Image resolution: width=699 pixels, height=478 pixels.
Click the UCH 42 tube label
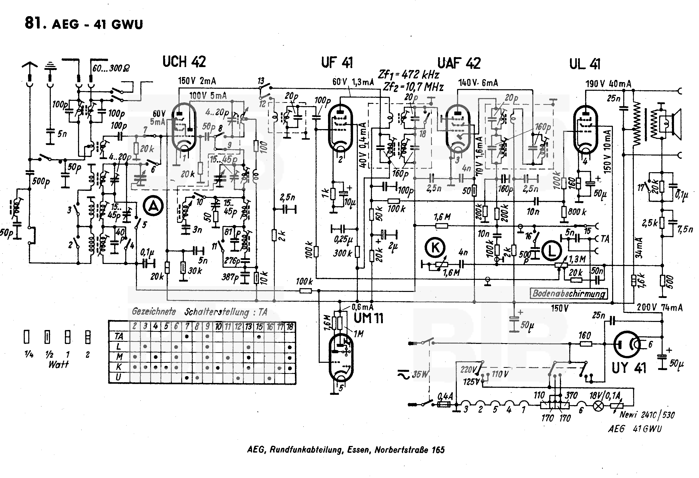point(184,62)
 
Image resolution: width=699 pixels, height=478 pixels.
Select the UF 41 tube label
point(337,63)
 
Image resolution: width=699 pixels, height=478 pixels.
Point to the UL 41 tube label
point(584,64)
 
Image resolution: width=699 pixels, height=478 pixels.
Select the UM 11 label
point(368,318)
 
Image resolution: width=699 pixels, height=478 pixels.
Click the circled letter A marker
point(153,206)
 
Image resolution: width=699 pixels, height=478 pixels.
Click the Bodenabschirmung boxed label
point(568,293)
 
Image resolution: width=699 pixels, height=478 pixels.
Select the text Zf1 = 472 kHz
point(408,74)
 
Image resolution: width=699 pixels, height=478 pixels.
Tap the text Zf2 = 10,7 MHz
point(413,87)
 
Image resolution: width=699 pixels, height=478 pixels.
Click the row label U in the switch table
point(118,377)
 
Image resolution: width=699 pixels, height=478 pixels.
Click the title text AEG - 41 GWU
point(97,24)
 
